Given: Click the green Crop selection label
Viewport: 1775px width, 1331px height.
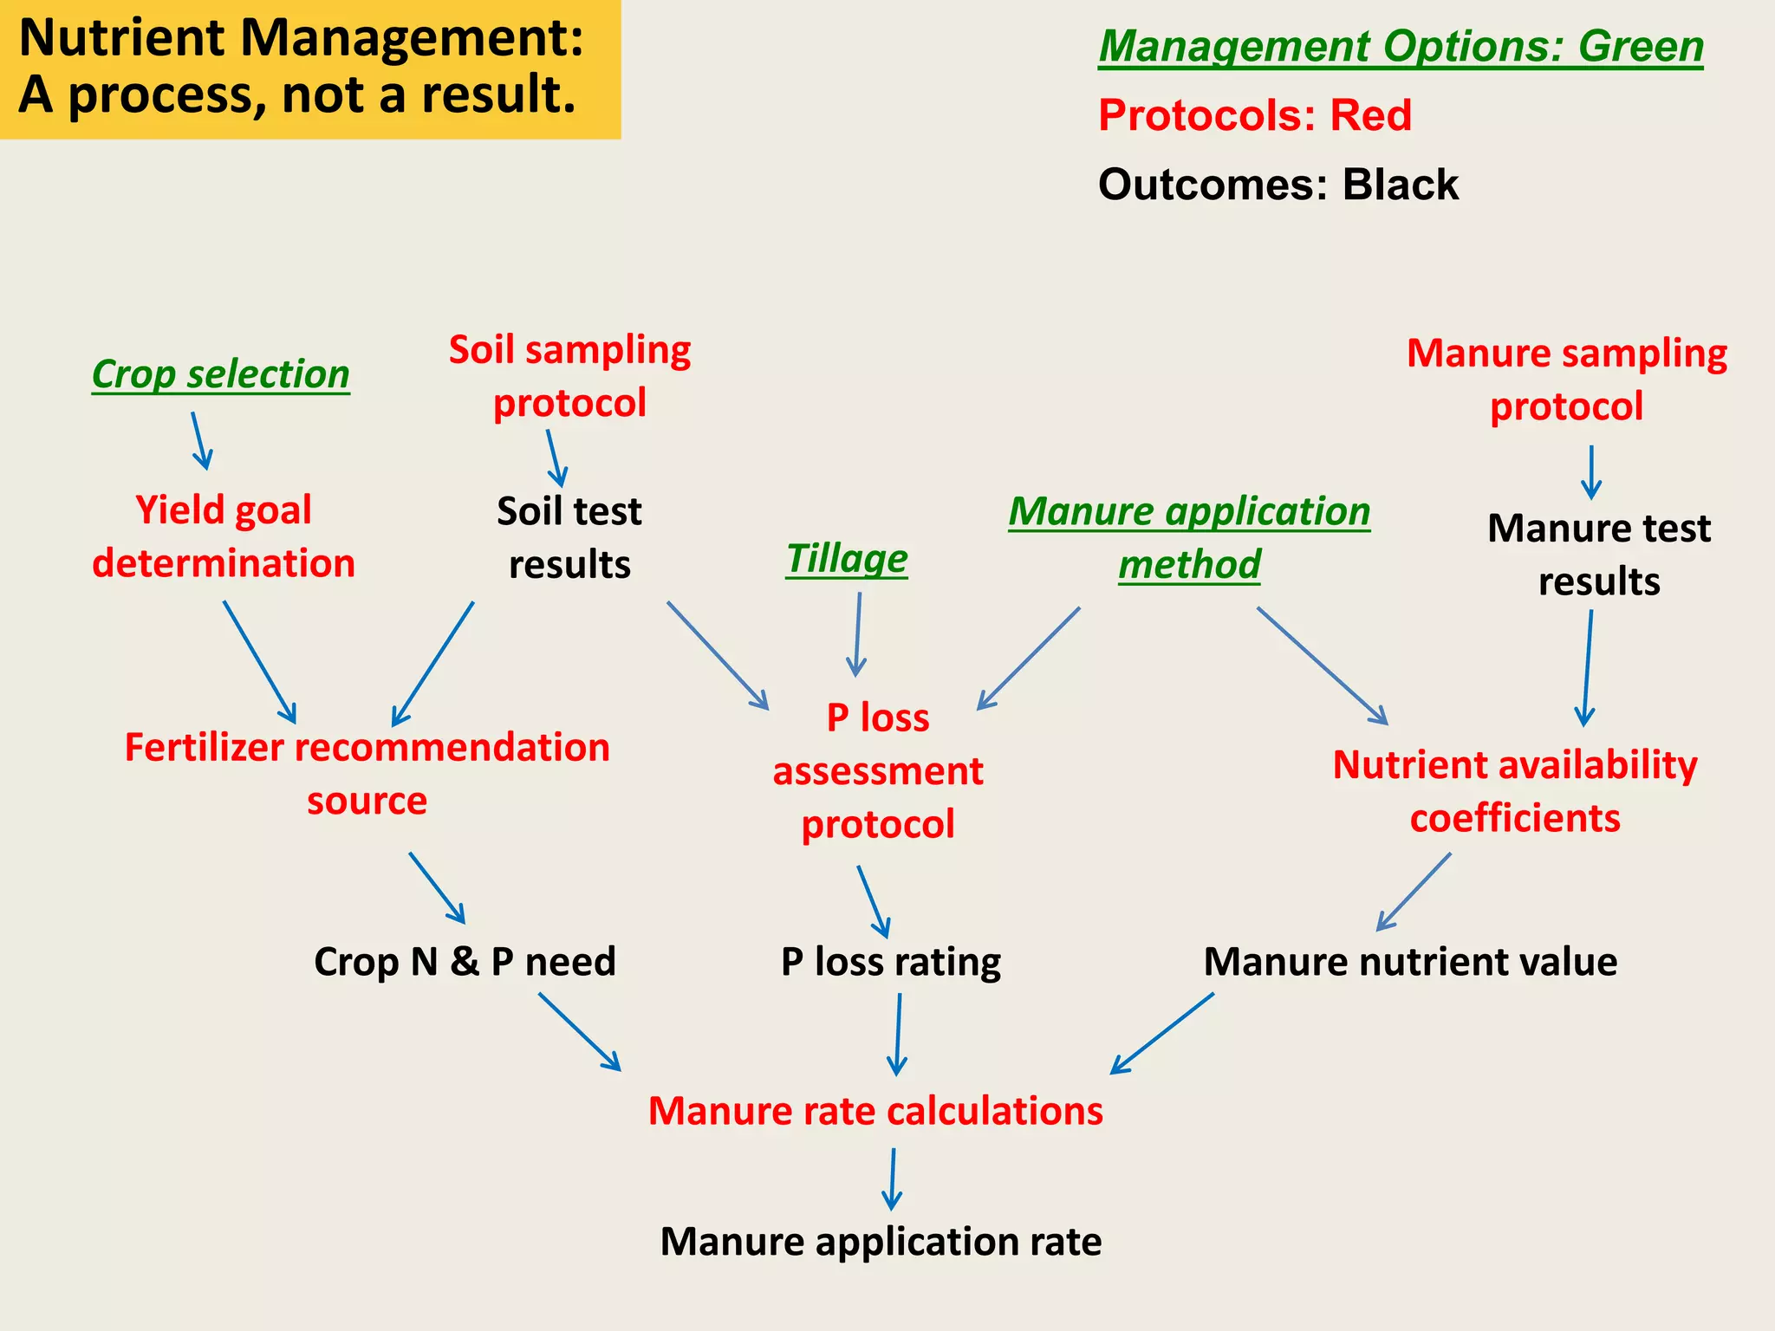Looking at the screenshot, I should (x=220, y=374).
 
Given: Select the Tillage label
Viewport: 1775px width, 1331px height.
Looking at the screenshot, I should (x=847, y=559).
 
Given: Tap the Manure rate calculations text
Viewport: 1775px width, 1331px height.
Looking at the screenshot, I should (x=875, y=1111).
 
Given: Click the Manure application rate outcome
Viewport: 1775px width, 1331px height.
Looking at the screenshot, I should (x=881, y=1241).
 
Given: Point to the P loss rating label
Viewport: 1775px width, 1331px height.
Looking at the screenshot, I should (x=890, y=962).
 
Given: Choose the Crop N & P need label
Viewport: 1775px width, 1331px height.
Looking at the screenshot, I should (x=465, y=962).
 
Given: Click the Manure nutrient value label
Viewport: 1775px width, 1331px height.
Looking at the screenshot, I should (x=1410, y=962).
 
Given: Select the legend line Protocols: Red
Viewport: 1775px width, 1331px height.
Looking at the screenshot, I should (x=1254, y=115).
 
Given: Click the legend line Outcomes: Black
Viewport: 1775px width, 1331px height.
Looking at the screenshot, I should (x=1278, y=185).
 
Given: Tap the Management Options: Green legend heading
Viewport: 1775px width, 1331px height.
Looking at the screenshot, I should (x=1401, y=47).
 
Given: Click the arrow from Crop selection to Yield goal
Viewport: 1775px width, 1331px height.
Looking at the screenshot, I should (x=200, y=440).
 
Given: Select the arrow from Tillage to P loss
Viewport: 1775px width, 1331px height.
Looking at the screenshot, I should (x=857, y=633).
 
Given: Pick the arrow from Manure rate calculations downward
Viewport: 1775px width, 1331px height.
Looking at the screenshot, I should (x=892, y=1178).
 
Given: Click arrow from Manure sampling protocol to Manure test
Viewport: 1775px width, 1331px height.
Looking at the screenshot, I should (x=1590, y=472).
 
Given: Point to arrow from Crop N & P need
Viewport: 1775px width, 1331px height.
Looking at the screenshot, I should (x=579, y=1031).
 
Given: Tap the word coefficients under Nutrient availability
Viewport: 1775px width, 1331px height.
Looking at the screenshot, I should (x=1514, y=818).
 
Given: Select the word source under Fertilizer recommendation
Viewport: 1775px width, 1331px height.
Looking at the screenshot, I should (x=367, y=801).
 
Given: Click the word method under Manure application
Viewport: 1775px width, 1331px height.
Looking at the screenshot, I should (x=1189, y=565).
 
